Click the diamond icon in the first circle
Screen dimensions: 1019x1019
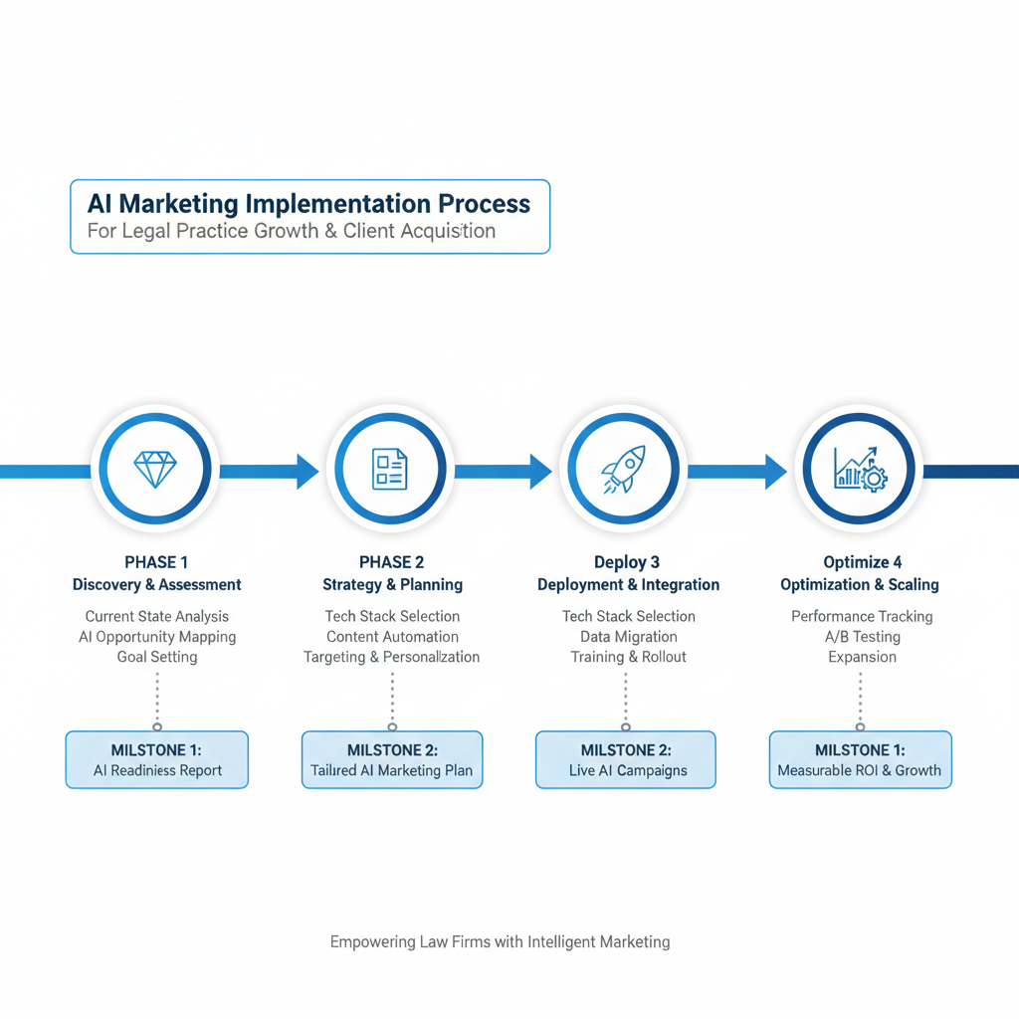pyautogui.click(x=155, y=470)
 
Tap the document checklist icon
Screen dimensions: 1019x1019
pyautogui.click(x=390, y=469)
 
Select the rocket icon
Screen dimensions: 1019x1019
pyautogui.click(x=624, y=469)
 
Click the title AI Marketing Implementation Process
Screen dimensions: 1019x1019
pyautogui.click(x=308, y=204)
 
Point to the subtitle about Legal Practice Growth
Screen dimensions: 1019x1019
pyautogui.click(x=291, y=231)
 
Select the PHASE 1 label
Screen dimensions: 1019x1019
pyautogui.click(x=156, y=562)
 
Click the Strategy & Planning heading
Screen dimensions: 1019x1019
pyautogui.click(x=392, y=584)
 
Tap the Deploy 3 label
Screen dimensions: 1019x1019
pyautogui.click(x=627, y=562)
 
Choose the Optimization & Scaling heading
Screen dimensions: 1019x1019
pyautogui.click(x=860, y=584)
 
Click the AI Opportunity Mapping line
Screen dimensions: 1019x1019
pyautogui.click(x=157, y=637)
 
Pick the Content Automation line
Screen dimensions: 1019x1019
pyautogui.click(x=392, y=637)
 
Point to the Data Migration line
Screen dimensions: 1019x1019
pyautogui.click(x=628, y=637)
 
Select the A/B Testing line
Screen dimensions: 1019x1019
pyautogui.click(x=862, y=637)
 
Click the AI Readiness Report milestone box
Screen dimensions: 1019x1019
pyautogui.click(x=157, y=760)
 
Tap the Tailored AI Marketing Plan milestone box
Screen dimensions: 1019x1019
pyautogui.click(x=392, y=760)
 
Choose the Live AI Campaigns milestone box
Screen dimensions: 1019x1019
pyautogui.click(x=626, y=760)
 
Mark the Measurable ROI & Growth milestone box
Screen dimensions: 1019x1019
pyautogui.click(x=860, y=760)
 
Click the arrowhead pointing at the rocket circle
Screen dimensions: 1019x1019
pyautogui.click(x=539, y=471)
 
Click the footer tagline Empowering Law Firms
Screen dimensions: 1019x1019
pyautogui.click(x=500, y=941)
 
